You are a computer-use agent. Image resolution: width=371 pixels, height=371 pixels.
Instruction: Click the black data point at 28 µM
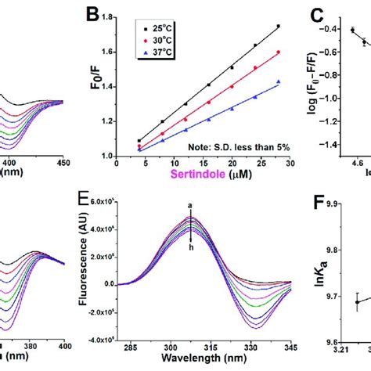[x=277, y=26]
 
